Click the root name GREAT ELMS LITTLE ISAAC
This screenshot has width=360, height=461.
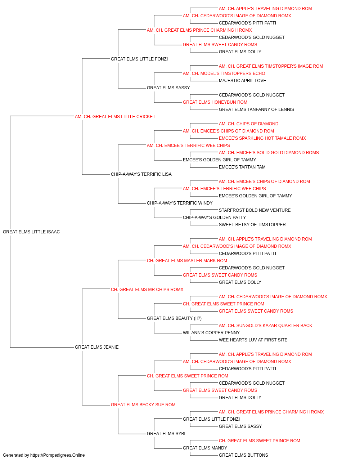coord(31,232)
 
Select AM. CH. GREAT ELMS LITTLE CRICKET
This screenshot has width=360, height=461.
coord(115,117)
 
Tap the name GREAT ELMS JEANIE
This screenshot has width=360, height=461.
coord(97,347)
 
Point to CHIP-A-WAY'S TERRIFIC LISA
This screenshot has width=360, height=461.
coord(141,174)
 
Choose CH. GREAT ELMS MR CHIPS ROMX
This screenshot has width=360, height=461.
coord(147,290)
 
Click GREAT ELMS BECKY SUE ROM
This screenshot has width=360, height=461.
coord(143,405)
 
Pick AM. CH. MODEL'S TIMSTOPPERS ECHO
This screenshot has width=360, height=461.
coord(224,73)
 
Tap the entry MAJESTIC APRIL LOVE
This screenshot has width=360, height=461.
coord(242,81)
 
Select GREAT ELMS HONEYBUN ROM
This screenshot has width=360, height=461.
coord(215,102)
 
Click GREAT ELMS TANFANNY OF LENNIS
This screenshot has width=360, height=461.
coord(256,109)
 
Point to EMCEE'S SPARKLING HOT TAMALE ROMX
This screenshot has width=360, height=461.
coord(262,138)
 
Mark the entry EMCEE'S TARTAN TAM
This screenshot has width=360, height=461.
coord(242,167)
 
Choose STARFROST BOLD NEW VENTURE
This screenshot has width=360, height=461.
coord(255,210)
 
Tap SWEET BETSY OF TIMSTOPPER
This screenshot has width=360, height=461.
coord(252,225)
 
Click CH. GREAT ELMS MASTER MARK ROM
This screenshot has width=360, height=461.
coord(187,261)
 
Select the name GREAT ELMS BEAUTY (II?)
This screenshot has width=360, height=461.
coord(174,318)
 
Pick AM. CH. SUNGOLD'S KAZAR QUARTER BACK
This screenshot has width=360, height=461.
coord(265,326)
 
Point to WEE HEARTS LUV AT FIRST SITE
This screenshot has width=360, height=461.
coord(253,340)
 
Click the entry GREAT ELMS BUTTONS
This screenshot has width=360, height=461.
coord(243,455)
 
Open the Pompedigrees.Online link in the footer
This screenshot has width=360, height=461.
coord(58,455)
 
